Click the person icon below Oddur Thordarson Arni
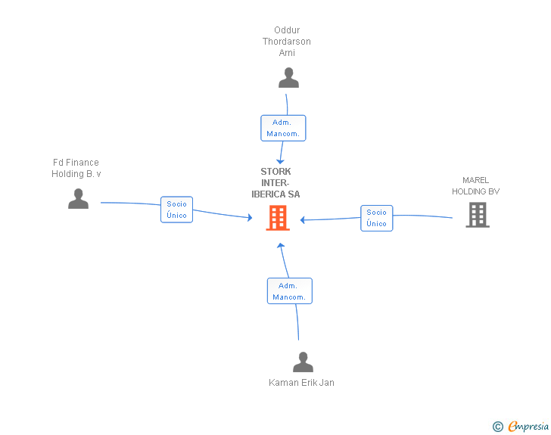click(288, 78)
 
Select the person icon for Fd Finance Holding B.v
click(78, 199)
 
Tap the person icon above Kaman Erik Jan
click(303, 362)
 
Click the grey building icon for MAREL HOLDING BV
click(478, 215)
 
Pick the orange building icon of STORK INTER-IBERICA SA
click(278, 219)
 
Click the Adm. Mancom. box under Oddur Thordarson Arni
click(283, 128)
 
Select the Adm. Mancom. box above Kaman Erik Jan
click(289, 291)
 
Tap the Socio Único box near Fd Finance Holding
click(176, 210)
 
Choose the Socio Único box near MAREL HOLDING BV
click(376, 218)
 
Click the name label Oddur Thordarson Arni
click(287, 42)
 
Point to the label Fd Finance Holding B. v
click(76, 168)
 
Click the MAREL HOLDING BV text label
click(476, 185)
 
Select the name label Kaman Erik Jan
click(301, 383)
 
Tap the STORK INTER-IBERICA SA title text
click(275, 183)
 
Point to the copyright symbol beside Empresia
click(497, 427)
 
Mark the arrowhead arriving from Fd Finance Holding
click(249, 218)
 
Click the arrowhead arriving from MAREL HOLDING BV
click(303, 220)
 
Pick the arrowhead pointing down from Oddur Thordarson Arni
click(281, 162)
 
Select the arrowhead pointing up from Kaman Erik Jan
click(280, 246)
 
